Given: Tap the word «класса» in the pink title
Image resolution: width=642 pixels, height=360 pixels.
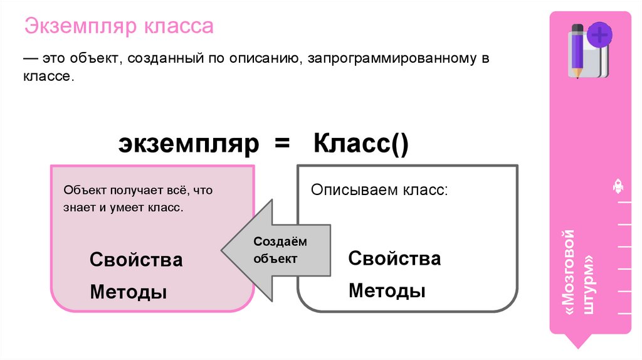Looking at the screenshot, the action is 179,28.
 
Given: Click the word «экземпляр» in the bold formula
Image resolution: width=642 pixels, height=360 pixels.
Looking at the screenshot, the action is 189,145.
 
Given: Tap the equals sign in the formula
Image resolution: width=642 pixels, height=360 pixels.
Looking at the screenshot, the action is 282,145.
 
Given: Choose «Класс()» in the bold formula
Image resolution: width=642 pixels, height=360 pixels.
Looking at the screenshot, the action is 360,145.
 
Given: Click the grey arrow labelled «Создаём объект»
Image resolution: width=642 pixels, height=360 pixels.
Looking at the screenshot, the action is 276,250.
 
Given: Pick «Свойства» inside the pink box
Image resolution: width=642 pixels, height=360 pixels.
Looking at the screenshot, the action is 136,259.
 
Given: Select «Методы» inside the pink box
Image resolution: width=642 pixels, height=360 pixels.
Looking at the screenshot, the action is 129,292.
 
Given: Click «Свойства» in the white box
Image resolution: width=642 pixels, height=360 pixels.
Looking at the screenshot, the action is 394,258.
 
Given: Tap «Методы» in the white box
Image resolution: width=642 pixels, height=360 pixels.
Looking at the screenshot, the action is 387,290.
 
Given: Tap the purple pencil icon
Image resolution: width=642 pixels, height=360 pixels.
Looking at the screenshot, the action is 576,50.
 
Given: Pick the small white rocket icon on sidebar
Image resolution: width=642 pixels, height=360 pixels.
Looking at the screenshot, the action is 617,187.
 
